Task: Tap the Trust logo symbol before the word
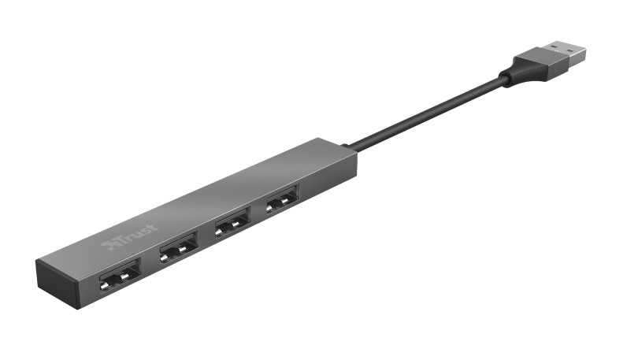coord(106,245)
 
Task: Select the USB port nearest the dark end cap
coord(121,276)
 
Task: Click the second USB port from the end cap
coord(178,248)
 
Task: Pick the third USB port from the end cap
coord(232,223)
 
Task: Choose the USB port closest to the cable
coord(283,199)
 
